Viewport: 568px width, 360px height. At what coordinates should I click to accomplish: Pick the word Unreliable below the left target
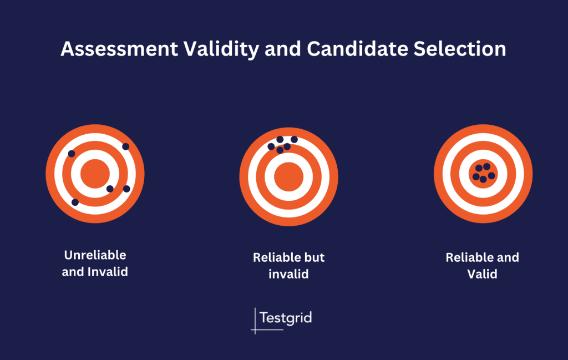coord(95,256)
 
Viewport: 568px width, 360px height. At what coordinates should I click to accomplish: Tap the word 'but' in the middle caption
coord(315,258)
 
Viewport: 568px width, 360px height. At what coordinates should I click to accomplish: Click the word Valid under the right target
coord(482,274)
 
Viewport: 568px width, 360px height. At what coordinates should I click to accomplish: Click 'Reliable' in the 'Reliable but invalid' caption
coord(276,258)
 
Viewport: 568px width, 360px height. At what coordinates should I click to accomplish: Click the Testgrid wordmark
coord(286,318)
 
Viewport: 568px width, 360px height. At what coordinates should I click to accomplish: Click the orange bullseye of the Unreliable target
coord(95,174)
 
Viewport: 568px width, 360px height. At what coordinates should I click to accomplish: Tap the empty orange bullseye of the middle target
coord(288,177)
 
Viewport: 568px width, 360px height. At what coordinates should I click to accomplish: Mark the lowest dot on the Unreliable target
coord(75,202)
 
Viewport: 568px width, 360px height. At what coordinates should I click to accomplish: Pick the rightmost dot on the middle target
coord(294,139)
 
